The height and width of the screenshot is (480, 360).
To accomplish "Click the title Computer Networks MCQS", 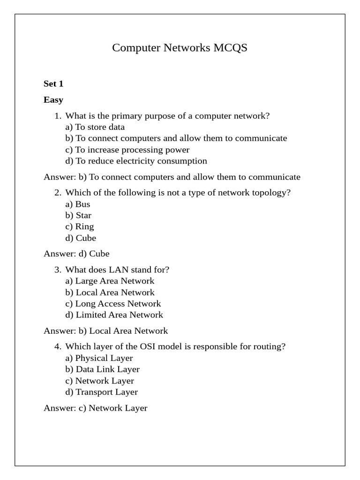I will [180, 48].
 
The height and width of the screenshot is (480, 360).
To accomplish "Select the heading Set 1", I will [53, 84].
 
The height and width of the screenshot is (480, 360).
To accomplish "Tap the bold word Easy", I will [53, 100].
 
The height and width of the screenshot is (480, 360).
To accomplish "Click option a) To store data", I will [95, 127].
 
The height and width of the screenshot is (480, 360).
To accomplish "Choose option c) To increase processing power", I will [127, 150].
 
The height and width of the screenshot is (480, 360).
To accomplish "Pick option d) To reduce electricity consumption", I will [136, 161].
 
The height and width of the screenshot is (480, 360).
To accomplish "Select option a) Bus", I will [78, 204].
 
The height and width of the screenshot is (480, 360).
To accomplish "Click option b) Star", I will [78, 215].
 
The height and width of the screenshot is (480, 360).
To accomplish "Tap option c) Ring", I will [80, 226].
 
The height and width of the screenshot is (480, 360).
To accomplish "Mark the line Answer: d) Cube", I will [76, 254].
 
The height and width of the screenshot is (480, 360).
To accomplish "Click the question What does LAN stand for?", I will [117, 270].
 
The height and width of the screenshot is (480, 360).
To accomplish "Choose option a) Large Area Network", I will [110, 281].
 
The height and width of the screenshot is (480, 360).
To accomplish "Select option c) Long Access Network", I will [113, 303].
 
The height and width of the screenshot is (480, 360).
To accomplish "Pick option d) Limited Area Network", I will [114, 315].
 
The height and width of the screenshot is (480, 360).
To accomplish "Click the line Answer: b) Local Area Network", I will [105, 330].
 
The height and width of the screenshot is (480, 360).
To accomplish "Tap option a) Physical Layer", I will [99, 358].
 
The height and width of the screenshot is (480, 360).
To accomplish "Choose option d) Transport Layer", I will [101, 391].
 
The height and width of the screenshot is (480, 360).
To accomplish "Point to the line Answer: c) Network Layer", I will [96, 408].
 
